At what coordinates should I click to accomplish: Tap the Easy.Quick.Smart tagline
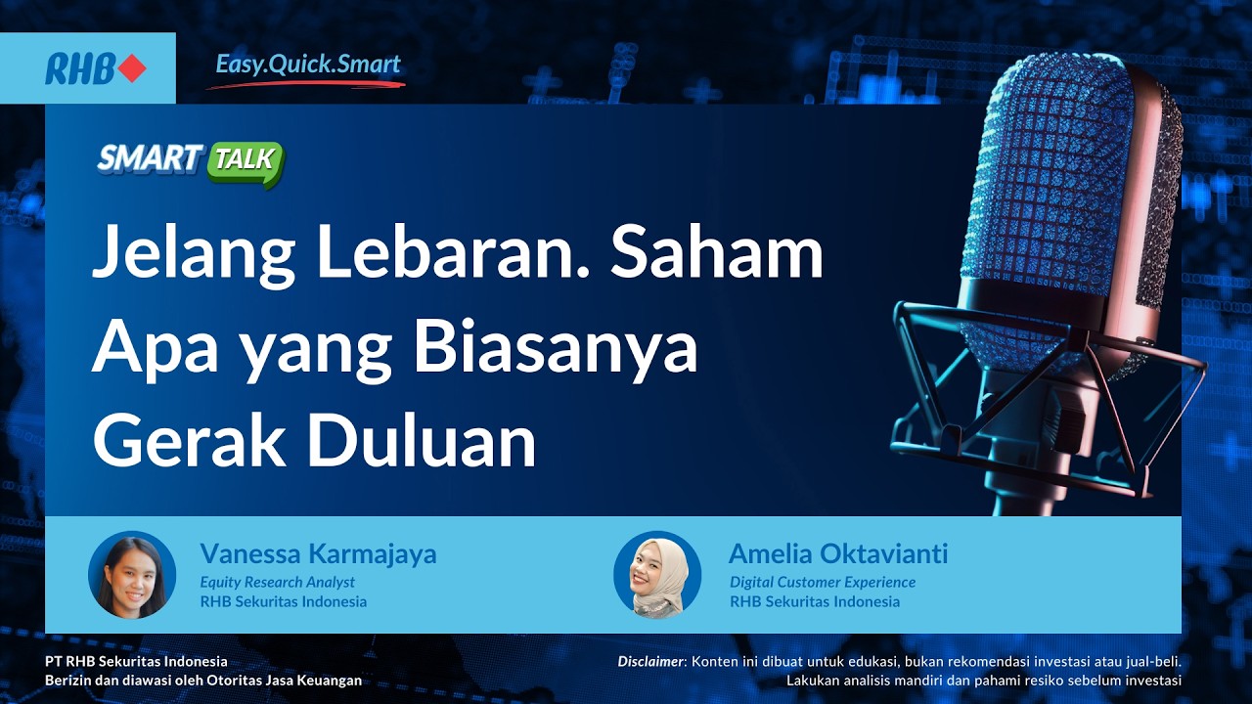click(308, 66)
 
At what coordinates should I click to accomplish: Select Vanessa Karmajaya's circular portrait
click(132, 575)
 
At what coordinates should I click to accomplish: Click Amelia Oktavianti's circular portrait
click(657, 575)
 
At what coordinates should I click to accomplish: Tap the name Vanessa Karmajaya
click(318, 554)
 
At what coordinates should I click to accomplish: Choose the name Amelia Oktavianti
click(838, 554)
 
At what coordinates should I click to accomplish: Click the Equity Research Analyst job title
click(277, 582)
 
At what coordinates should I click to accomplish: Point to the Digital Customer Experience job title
click(823, 582)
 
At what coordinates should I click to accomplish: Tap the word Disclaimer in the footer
click(652, 662)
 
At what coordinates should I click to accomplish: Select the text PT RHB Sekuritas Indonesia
click(136, 662)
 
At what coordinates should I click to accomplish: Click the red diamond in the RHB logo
click(132, 68)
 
